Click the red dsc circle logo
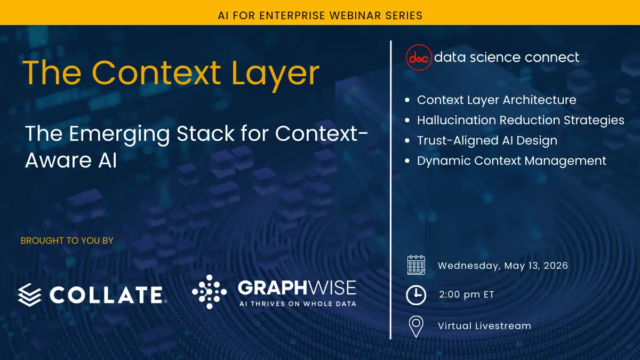point(419,58)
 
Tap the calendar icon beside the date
point(416,265)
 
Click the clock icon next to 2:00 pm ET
point(416,295)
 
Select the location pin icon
point(416,326)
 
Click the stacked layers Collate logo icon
point(29,295)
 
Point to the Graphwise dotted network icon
point(210,292)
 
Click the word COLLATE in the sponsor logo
point(106,295)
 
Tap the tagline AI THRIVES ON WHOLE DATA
point(298,303)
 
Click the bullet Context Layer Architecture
point(497,100)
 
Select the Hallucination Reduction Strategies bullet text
point(521,121)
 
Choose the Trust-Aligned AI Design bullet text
point(487,141)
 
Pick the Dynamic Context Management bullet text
point(511,161)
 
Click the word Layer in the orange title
point(275,74)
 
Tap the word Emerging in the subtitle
point(119,134)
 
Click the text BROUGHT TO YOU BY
point(67,241)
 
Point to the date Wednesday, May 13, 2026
point(503,266)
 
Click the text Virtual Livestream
point(485,326)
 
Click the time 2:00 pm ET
point(466,294)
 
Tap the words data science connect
point(507,57)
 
